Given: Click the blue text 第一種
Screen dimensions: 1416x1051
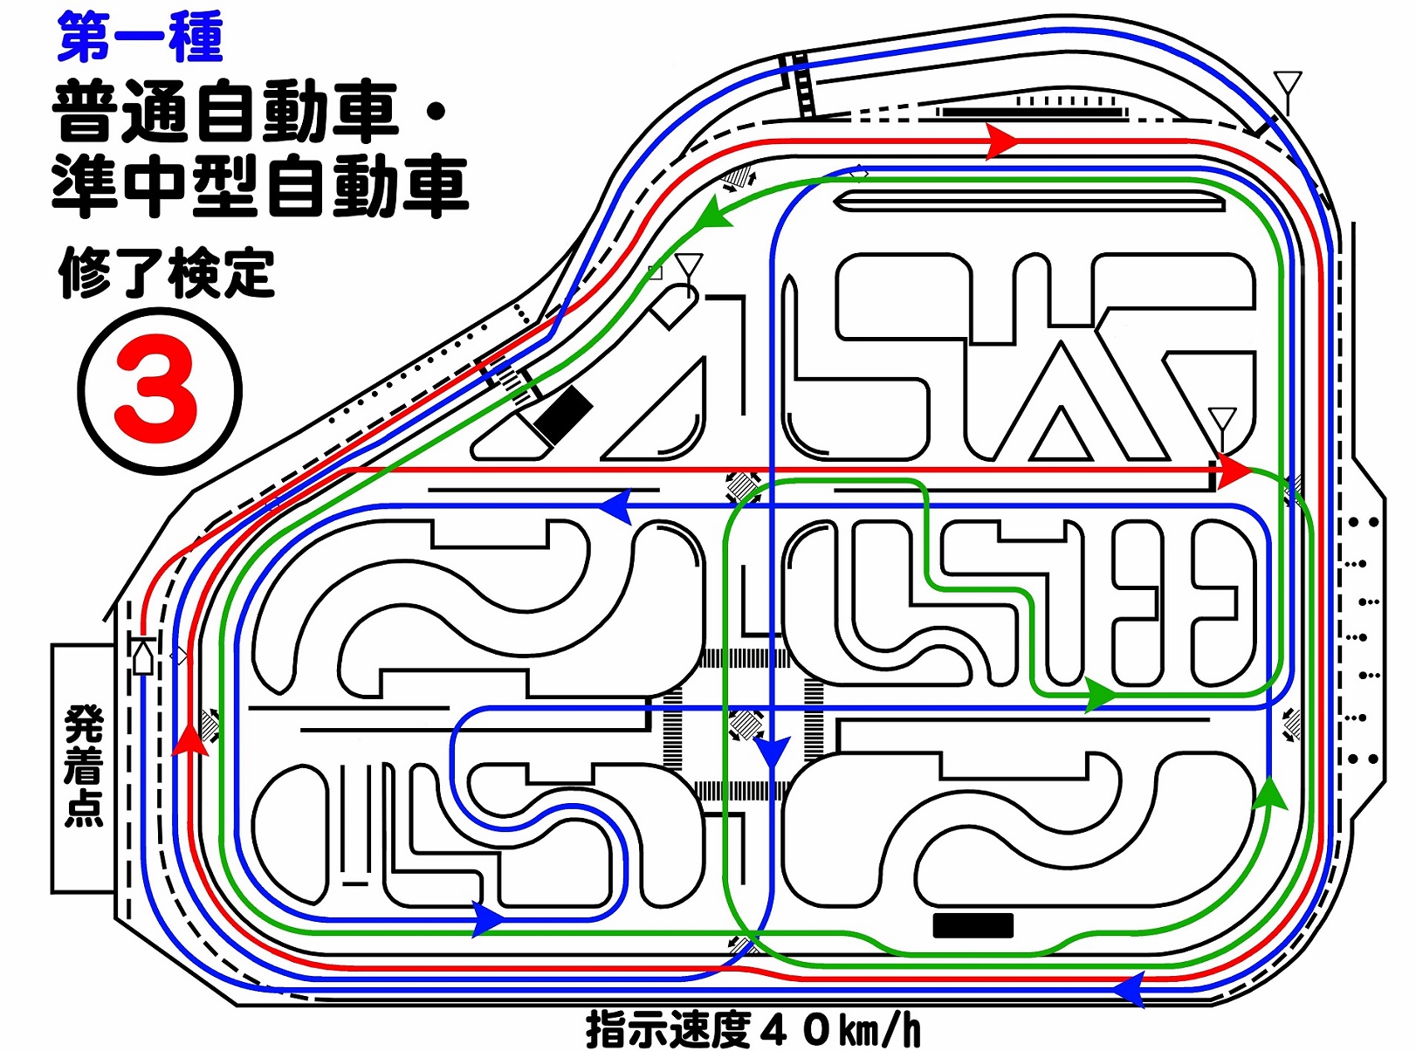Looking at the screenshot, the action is (141, 38).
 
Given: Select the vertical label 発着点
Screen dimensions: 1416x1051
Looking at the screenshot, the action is (84, 766).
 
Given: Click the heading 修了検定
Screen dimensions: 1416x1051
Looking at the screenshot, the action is (167, 274).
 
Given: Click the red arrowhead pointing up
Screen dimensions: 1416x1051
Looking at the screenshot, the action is (190, 739).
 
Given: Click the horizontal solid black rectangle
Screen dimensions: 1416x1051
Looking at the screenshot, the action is (973, 925).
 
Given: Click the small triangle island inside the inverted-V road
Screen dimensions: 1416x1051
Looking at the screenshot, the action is (1061, 436).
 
